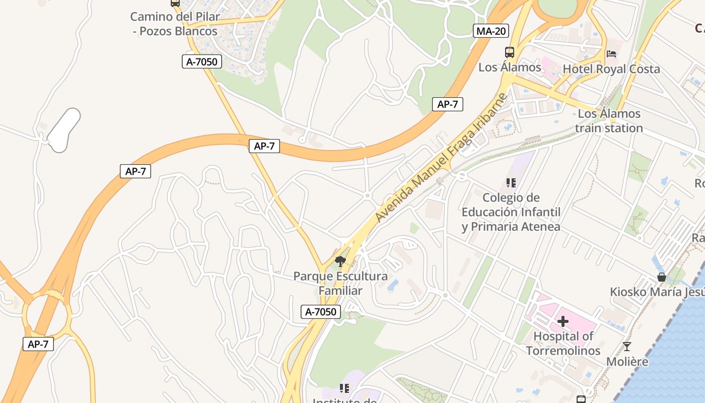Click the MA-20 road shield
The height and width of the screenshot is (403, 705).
pos(491,31)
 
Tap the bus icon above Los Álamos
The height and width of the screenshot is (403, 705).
pos(510,52)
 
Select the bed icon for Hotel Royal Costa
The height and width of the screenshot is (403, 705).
pos(611,54)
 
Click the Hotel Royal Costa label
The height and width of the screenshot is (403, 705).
pos(611,69)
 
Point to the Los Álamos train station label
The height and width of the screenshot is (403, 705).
pos(609,121)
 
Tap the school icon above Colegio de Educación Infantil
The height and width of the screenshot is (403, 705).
pos(511,183)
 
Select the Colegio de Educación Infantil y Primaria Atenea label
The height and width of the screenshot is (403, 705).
pos(511,212)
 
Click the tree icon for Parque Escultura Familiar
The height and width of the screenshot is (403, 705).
pos(340,261)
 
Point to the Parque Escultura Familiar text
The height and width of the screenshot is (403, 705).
pos(340,284)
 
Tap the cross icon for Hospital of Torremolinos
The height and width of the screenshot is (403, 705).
pos(563,321)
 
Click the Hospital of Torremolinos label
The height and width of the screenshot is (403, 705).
pos(563,343)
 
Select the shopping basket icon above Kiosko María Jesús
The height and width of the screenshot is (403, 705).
pos(662,277)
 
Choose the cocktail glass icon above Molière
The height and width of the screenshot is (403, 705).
pos(627,347)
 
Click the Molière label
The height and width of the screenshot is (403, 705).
pos(627,362)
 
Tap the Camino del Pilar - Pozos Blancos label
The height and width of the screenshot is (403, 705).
pos(175,24)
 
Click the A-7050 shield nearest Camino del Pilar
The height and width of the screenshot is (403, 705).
pos(202,62)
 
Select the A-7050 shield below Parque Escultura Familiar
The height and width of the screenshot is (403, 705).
pos(321,312)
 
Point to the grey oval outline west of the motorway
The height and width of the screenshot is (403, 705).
pos(64,130)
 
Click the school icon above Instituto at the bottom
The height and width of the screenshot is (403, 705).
pos(344,388)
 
